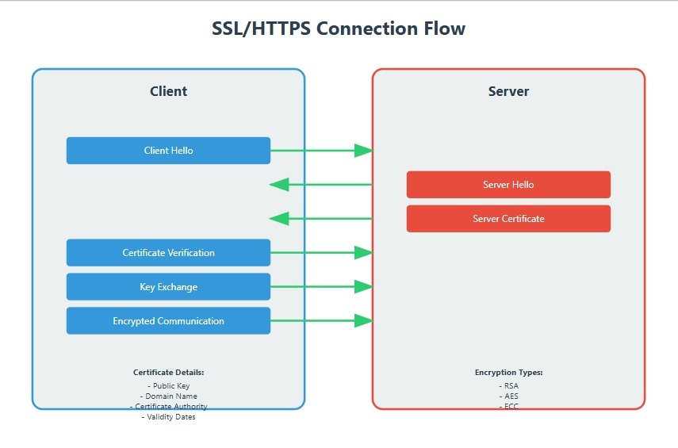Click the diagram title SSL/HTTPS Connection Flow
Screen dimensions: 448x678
pyautogui.click(x=339, y=29)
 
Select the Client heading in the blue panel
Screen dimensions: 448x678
pyautogui.click(x=168, y=91)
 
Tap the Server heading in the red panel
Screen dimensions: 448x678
pyautogui.click(x=508, y=91)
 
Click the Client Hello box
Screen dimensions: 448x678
pyautogui.click(x=168, y=151)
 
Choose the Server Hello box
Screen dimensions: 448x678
pyautogui.click(x=508, y=185)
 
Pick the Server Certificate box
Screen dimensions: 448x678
pyautogui.click(x=508, y=219)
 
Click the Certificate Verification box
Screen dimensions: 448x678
pyautogui.click(x=168, y=253)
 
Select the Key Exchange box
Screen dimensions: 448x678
pyautogui.click(x=168, y=287)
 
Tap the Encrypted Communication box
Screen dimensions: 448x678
pyautogui.click(x=168, y=321)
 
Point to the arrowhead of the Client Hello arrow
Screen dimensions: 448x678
pyautogui.click(x=363, y=151)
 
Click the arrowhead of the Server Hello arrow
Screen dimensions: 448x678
pyautogui.click(x=279, y=185)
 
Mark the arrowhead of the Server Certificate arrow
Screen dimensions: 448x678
pyautogui.click(x=279, y=219)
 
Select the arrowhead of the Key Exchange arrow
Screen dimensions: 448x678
pyautogui.click(x=363, y=287)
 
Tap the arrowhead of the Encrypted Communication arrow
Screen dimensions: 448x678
pyautogui.click(x=363, y=321)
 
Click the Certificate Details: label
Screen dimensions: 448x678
pyautogui.click(x=168, y=372)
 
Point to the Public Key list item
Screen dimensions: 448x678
pyautogui.click(x=168, y=386)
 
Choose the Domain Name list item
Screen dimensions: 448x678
pyautogui.click(x=168, y=396)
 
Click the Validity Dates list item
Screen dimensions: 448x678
pyautogui.click(x=168, y=417)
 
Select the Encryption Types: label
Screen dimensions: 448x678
pyautogui.click(x=508, y=372)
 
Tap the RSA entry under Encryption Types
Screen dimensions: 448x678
pyautogui.click(x=508, y=386)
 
